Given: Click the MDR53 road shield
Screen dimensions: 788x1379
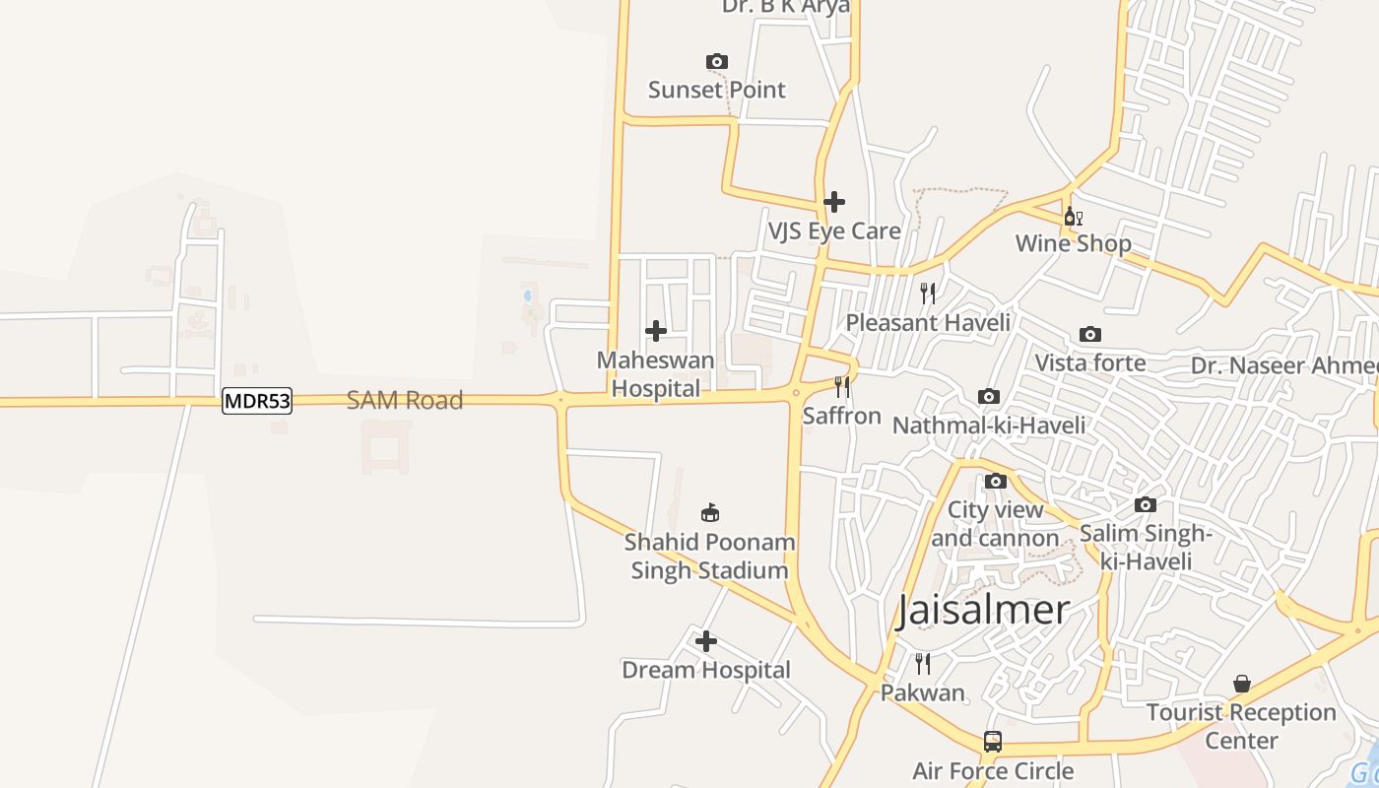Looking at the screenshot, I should point(257,401).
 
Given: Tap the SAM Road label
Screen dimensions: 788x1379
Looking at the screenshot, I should point(405,401).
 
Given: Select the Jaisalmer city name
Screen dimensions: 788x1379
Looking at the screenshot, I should point(983,611).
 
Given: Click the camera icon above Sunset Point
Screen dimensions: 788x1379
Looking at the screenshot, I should point(717,62).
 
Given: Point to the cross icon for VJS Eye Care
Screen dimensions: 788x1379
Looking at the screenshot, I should point(834,202).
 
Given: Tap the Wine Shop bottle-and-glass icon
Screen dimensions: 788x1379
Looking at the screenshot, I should point(1073,216).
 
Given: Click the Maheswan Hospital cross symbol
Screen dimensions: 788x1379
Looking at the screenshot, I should point(655,331).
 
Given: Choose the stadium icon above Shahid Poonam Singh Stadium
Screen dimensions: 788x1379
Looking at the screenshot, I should point(710,512).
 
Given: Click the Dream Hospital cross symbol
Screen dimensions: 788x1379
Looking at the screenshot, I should point(706,642).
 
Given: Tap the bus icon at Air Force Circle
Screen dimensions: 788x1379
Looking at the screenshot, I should point(993,742).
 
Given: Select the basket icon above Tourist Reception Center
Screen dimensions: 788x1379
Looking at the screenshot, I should point(1242,684).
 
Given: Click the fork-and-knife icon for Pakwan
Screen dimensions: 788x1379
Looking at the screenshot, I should point(923,664).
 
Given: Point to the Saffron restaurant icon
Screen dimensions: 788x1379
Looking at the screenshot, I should point(842,387).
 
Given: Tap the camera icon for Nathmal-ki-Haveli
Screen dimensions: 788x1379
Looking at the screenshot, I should point(989,397).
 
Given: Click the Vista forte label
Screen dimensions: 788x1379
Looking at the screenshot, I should point(1089,362).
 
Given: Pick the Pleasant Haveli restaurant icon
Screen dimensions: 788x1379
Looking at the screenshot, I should point(928,294).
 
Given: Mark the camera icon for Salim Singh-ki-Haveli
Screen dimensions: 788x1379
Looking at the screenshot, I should point(1146,505).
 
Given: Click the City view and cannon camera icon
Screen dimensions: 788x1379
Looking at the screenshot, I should point(996,482).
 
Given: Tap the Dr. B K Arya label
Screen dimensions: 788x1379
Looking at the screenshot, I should point(785,7).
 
